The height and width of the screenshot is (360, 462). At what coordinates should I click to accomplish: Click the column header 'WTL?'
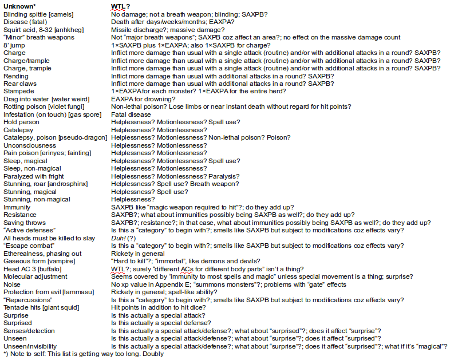coord(121,6)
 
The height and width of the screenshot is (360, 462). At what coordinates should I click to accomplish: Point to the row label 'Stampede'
coord(19,91)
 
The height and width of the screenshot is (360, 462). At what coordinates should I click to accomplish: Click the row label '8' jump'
coord(14,45)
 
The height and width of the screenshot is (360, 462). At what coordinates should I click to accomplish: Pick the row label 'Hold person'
coord(22,122)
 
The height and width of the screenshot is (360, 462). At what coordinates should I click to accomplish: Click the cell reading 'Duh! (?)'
coord(124,238)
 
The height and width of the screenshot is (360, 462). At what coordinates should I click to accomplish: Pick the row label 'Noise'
coord(13,284)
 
